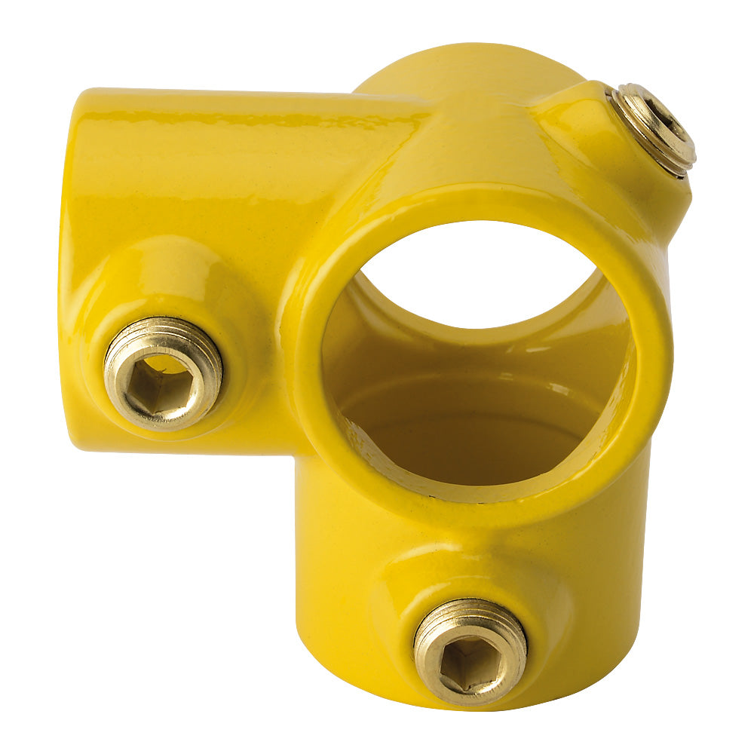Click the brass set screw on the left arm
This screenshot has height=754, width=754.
tap(163, 372)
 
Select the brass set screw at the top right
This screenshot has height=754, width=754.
tap(652, 128)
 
